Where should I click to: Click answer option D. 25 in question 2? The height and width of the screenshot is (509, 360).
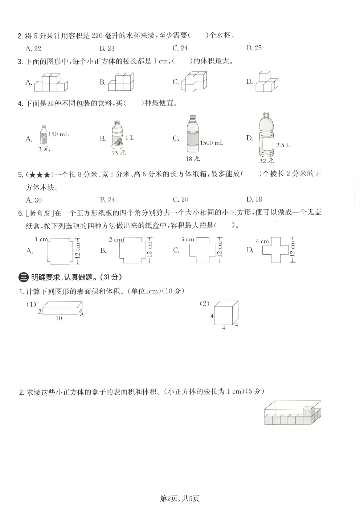tap(254, 48)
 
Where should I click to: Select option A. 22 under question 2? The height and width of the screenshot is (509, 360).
tap(33, 49)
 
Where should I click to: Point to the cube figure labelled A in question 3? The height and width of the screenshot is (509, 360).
tap(51, 83)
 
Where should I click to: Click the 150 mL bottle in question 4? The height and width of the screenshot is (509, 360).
tap(43, 135)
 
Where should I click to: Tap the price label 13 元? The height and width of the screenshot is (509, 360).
tap(119, 153)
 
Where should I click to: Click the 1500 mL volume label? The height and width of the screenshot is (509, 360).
tap(212, 143)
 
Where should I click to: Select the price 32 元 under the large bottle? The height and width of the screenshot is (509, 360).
tap(267, 161)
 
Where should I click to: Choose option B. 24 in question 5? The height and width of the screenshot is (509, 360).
tap(107, 200)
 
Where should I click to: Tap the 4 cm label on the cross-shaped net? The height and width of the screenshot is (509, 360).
tap(262, 241)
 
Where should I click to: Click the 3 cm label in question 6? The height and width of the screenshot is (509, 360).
tap(188, 239)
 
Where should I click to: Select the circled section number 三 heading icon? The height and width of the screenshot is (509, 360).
tap(23, 278)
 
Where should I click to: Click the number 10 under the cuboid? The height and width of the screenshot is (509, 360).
tap(59, 318)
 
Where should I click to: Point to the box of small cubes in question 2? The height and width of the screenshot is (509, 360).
tap(292, 413)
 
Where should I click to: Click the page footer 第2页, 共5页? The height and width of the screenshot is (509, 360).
tap(180, 498)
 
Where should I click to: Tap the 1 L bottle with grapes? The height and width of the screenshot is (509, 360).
tap(116, 135)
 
